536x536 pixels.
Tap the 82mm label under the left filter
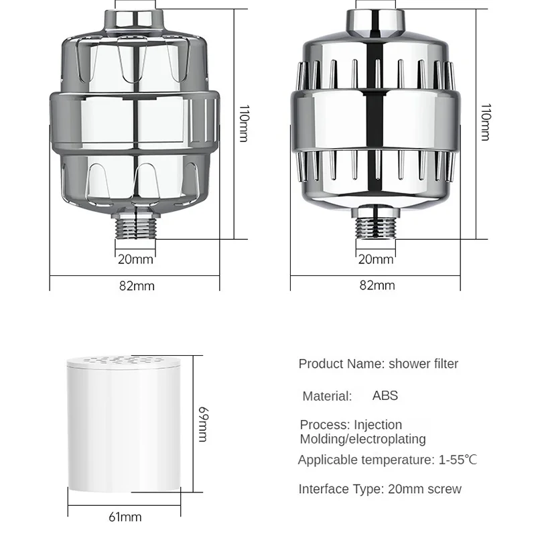137,285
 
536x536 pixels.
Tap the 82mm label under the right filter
377,285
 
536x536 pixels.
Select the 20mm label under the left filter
135,259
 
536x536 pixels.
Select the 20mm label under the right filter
375,259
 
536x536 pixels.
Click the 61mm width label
125,517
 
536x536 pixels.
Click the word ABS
385,395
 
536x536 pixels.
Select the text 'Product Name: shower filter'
379,364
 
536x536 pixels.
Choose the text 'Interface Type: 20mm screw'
380,488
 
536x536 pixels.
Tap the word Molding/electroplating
362,440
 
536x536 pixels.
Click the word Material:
327,396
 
